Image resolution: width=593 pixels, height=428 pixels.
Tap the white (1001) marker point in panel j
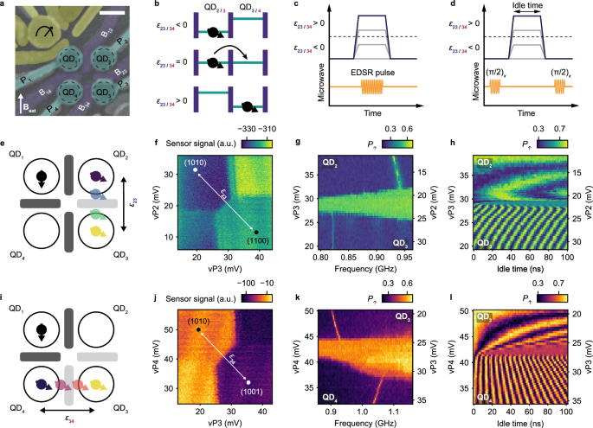247,381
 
